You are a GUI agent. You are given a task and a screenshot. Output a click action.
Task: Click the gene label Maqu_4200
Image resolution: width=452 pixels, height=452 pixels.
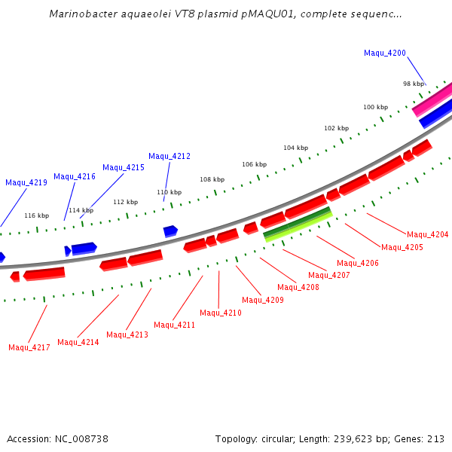(x=384, y=53)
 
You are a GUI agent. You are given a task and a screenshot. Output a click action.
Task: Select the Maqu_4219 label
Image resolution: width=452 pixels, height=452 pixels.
(x=26, y=182)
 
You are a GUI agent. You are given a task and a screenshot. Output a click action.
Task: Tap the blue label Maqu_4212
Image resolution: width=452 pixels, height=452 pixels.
(x=169, y=156)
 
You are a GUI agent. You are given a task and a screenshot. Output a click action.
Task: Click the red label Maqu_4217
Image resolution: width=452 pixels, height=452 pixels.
(x=29, y=347)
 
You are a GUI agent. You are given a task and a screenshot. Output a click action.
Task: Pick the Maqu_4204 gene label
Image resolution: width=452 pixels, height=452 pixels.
(x=427, y=234)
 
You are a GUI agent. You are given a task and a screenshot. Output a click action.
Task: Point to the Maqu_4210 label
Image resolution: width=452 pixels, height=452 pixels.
(x=220, y=313)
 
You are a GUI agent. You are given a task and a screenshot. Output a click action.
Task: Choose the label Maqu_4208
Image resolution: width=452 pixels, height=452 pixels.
(x=298, y=287)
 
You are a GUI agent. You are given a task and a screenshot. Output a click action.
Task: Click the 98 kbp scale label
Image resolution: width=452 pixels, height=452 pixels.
(x=413, y=84)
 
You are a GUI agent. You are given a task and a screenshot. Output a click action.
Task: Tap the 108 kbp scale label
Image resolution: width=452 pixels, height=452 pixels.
(x=212, y=179)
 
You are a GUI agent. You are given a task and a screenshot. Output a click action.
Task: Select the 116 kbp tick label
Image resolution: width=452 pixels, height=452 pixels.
(x=36, y=215)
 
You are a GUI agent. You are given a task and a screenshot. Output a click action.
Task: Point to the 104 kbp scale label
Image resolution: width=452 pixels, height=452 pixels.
(x=295, y=148)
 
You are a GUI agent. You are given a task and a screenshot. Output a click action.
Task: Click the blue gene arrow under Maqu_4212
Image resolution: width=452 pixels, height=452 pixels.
(x=170, y=231)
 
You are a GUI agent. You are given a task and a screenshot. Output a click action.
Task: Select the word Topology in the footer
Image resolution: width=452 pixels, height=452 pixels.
(x=237, y=438)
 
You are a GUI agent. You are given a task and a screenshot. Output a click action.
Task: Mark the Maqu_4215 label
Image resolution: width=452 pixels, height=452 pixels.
(x=124, y=167)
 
